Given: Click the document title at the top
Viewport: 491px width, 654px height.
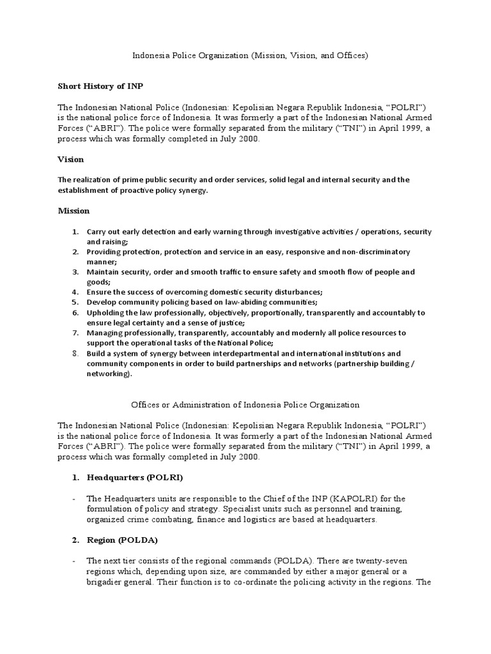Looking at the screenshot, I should click(250, 56).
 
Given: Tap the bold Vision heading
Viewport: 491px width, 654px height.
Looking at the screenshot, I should click(71, 159).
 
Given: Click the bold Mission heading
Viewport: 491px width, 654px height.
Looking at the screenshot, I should click(74, 211).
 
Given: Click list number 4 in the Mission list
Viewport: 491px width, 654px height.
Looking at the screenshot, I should click(74, 292).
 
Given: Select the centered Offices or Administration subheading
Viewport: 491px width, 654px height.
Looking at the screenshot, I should click(245, 405).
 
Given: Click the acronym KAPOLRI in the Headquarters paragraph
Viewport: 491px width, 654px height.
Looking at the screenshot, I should click(333, 499).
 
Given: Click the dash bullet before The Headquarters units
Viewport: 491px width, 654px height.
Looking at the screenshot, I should click(75, 499).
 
